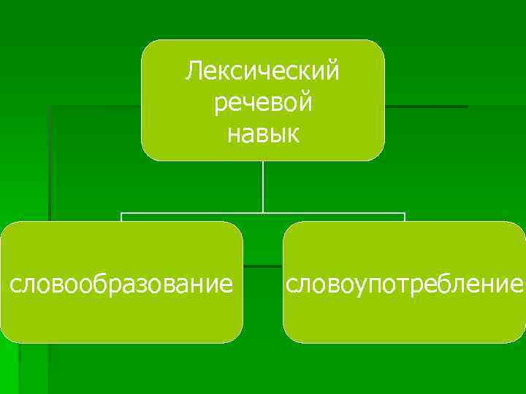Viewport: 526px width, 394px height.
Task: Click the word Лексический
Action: click(263, 71)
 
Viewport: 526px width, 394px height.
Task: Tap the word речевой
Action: click(263, 102)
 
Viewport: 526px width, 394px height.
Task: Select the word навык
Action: click(263, 134)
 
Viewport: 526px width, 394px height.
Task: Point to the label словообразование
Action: click(121, 282)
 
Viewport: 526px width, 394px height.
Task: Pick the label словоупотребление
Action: click(405, 282)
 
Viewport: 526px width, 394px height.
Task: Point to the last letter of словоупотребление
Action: click(517, 283)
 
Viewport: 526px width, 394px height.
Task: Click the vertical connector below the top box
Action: click(263, 186)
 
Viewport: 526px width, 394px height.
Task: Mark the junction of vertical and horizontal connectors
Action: click(263, 213)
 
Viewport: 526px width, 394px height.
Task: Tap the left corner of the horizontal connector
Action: click(121, 214)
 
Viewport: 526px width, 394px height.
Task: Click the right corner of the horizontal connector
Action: click(404, 214)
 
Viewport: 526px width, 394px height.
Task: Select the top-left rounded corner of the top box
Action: click(147, 46)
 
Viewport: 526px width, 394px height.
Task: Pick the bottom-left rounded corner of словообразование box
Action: click(6, 337)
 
